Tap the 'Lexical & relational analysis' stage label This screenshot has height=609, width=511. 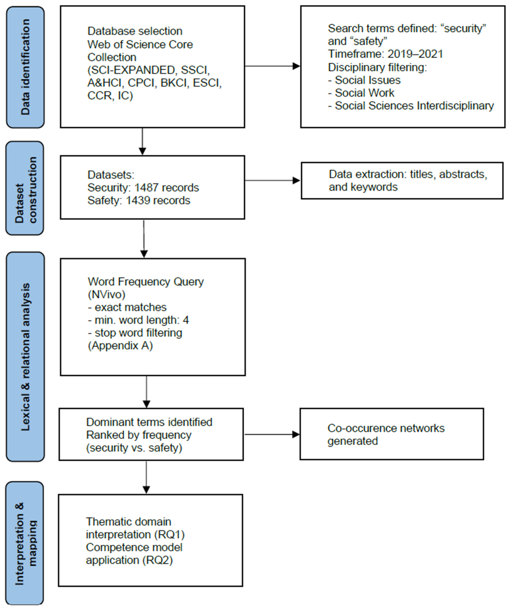click(25, 357)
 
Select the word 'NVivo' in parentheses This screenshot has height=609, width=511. click(107, 295)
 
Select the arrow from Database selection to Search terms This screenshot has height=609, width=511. click(273, 66)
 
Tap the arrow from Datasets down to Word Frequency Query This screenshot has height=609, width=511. click(144, 239)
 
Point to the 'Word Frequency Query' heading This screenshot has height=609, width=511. click(146, 282)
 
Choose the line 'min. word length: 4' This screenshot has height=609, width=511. click(139, 320)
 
